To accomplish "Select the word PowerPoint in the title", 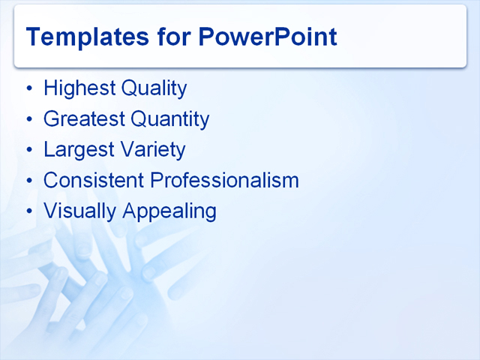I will pyautogui.click(x=268, y=37).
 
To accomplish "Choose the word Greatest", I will pyautogui.click(x=83, y=119).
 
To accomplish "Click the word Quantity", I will pyautogui.click(x=169, y=119).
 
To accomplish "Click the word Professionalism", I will pyautogui.click(x=225, y=181).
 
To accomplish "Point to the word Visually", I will pyautogui.click(x=79, y=211).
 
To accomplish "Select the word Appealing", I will pyautogui.click(x=169, y=211).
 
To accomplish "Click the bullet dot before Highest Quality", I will pyautogui.click(x=29, y=89).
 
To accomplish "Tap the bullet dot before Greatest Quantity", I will pyautogui.click(x=29, y=120).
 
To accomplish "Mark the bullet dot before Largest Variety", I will pyautogui.click(x=29, y=151).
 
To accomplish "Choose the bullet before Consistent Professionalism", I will pyautogui.click(x=29, y=181).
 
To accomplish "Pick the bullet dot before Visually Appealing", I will pyautogui.click(x=29, y=212).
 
